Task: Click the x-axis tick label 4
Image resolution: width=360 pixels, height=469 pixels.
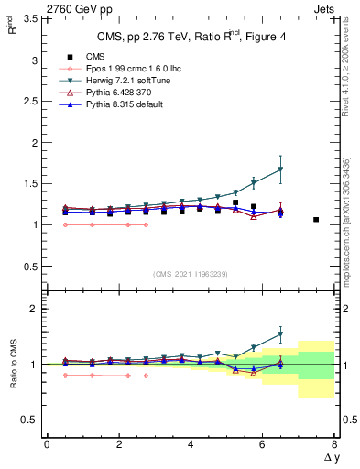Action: pyautogui.click(x=191, y=444)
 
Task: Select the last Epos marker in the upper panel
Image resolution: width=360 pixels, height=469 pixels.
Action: pyautogui.click(x=146, y=224)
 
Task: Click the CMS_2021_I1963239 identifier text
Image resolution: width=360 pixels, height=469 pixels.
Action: pyautogui.click(x=190, y=274)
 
